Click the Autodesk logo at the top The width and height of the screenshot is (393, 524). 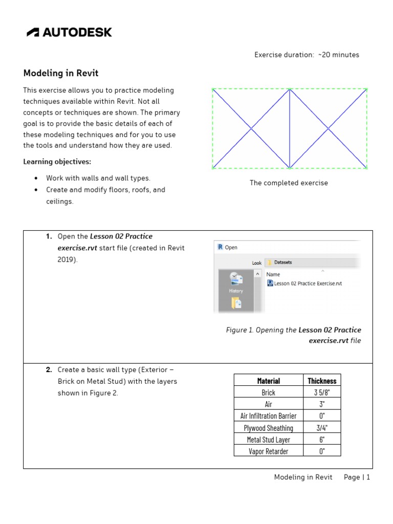pos(69,32)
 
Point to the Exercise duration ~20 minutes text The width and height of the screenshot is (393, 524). pos(307,55)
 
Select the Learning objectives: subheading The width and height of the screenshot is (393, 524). pos(57,162)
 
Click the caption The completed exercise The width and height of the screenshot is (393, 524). pos(289,183)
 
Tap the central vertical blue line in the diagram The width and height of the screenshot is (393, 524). pos(290,128)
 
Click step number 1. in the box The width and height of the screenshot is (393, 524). pos(49,236)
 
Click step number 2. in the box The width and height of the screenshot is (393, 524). pos(49,369)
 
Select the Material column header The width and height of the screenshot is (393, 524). pos(268,381)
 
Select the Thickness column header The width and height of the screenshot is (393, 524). pos(322,381)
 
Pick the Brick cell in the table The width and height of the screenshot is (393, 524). pos(268,392)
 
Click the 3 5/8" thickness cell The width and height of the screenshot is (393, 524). pos(322,392)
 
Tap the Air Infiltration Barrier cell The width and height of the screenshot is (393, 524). pos(268,416)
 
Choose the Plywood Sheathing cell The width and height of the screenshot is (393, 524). pos(268,428)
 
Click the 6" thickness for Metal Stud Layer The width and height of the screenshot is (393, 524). pos(322,440)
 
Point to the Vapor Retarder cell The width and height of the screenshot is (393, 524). pos(268,451)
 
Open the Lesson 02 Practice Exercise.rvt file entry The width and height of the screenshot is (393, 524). pos(307,283)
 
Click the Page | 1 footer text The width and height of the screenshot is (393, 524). pos(357,477)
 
